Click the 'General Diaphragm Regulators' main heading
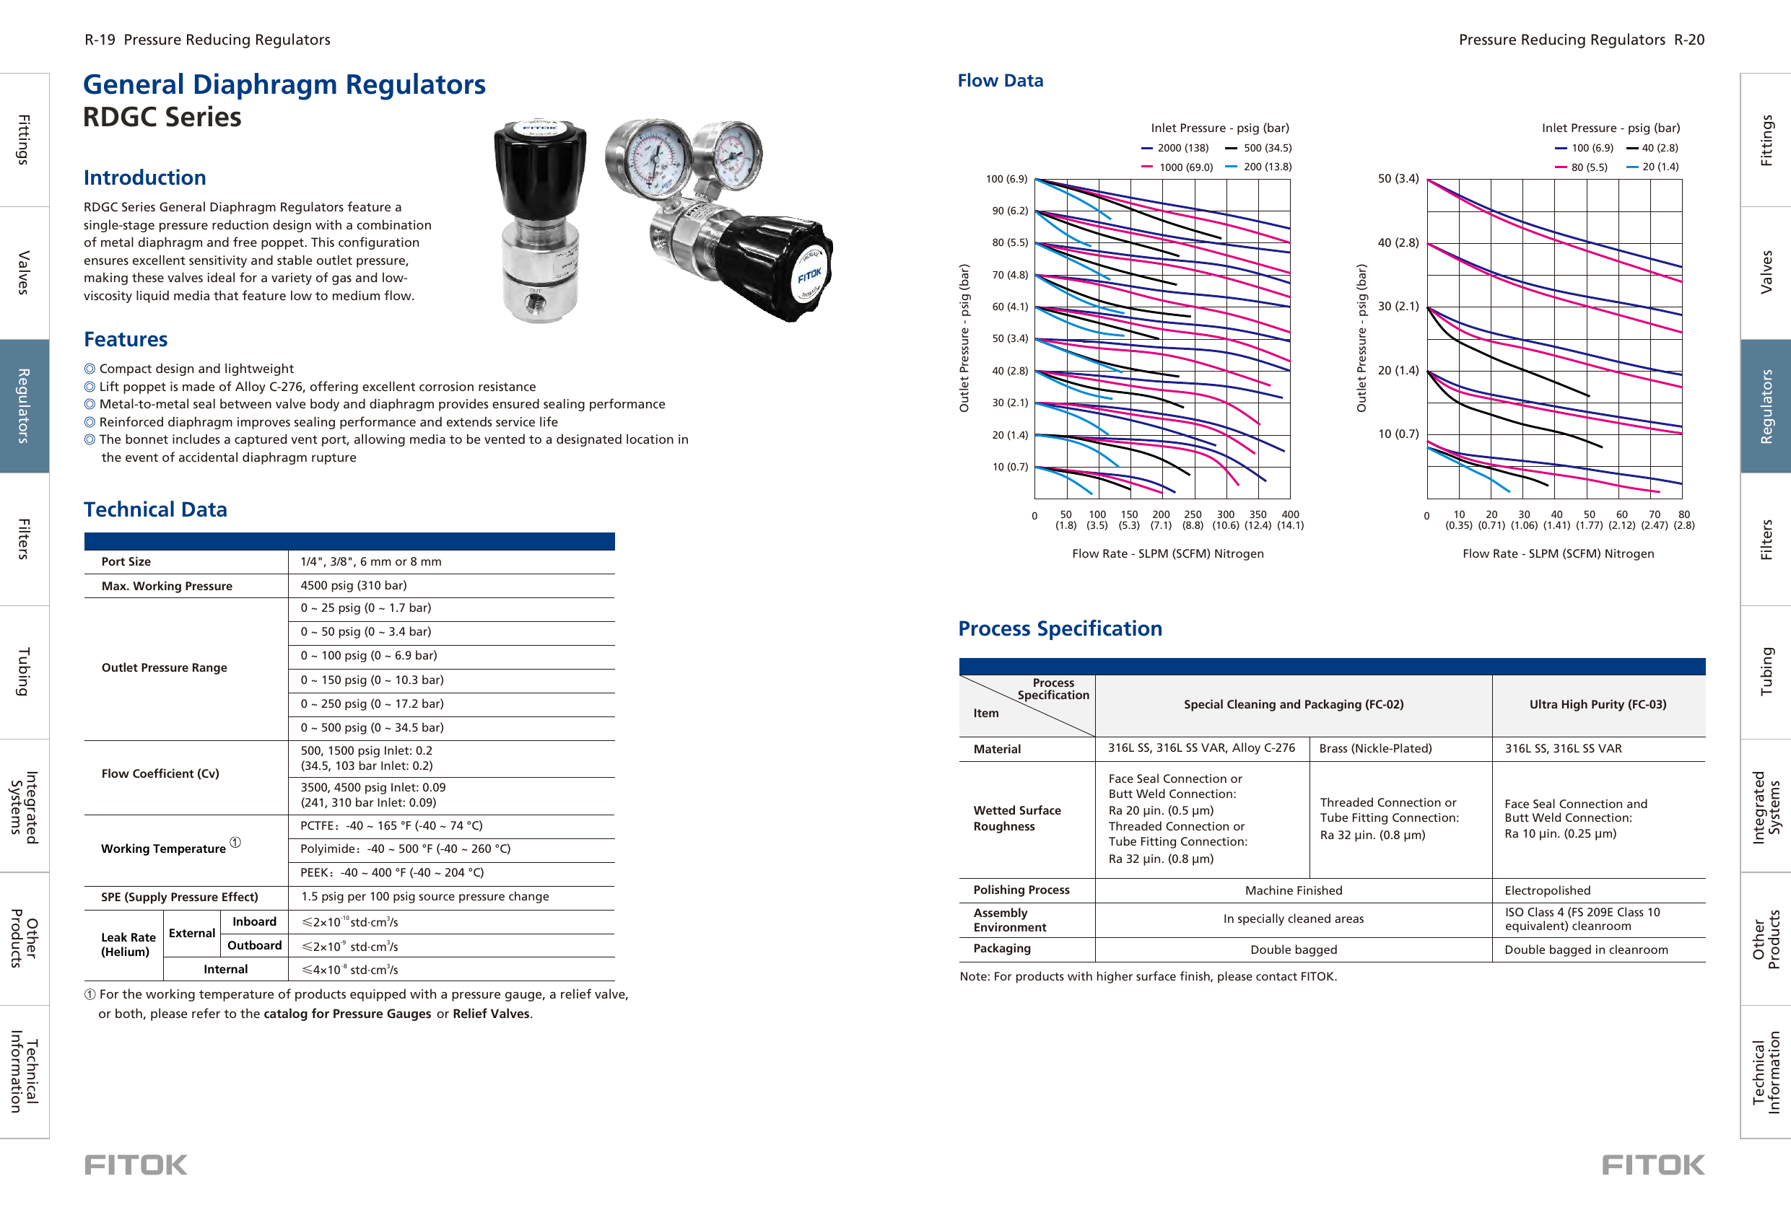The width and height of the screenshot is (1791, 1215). (284, 84)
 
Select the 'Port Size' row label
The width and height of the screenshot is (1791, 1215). (126, 561)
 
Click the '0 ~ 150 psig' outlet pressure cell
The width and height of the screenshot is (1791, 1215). (372, 680)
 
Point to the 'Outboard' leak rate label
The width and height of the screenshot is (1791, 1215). (254, 945)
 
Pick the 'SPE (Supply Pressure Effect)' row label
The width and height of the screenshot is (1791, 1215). (180, 897)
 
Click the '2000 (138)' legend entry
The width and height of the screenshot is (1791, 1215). (1182, 148)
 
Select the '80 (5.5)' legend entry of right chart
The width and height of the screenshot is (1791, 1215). (1588, 167)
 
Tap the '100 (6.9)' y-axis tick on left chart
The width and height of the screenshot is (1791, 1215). (1006, 179)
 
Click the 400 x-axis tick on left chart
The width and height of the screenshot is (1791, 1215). (1289, 514)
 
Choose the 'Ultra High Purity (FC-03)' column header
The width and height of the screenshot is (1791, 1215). (1597, 704)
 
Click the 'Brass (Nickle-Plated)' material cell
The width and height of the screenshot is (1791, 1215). (1375, 748)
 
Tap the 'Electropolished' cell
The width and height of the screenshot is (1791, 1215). (1547, 890)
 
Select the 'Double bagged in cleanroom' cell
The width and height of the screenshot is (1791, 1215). (1585, 950)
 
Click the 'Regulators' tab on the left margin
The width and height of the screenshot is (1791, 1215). (24, 405)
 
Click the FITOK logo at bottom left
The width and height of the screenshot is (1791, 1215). (136, 1165)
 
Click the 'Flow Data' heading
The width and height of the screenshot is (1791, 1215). (1000, 81)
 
